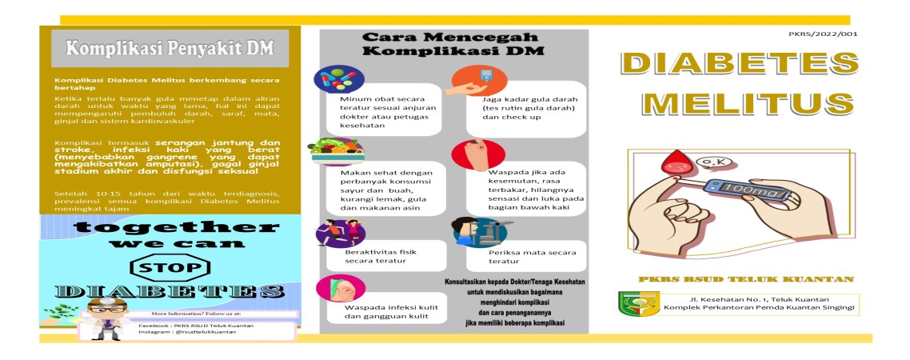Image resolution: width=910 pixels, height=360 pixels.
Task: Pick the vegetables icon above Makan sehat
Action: [x=339, y=150]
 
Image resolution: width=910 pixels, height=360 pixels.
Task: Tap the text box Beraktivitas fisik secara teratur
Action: [x=374, y=255]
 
